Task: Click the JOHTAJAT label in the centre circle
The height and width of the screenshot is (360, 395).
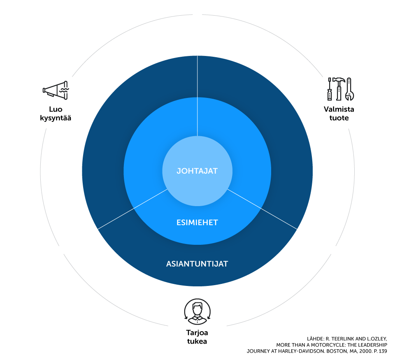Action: coord(197,171)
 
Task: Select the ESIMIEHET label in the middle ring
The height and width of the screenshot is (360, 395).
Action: coord(197,223)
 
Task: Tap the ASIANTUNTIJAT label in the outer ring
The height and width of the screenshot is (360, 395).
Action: coord(197,264)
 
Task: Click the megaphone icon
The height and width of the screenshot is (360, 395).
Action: coord(56,90)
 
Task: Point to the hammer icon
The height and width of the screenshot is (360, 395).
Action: coord(339,89)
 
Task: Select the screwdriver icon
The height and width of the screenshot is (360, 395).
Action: coord(329,89)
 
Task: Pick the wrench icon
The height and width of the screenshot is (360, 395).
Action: coord(349,89)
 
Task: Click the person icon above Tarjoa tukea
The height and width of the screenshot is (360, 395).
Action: coord(197,312)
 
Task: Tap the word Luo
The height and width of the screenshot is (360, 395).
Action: coord(56,109)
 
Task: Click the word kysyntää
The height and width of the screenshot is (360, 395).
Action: coord(56,118)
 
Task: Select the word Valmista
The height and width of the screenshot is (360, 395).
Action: coord(339,109)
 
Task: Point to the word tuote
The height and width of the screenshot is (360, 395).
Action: coord(339,118)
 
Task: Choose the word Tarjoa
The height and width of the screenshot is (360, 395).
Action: coord(197,333)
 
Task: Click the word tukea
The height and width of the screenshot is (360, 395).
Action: coord(197,341)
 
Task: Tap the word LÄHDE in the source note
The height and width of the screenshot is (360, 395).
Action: coord(315,339)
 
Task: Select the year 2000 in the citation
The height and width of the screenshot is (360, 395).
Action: coord(365,351)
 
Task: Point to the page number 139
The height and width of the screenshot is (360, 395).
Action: coord(383,351)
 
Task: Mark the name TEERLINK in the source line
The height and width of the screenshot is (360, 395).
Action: coord(343,339)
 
